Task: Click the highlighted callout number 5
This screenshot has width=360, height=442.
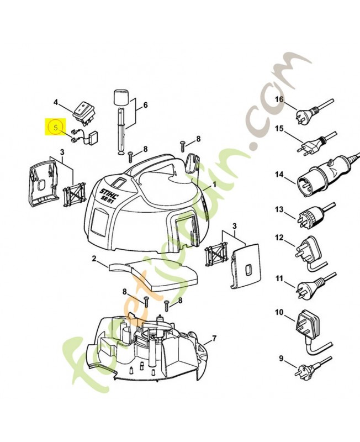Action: coord(55,127)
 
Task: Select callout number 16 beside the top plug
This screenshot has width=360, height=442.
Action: coord(279,99)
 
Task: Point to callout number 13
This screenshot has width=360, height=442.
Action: coord(279,210)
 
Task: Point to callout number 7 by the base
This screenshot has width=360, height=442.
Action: coord(214,339)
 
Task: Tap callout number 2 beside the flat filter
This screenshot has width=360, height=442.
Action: coord(94,258)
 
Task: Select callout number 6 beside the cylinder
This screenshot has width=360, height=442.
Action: coord(145,105)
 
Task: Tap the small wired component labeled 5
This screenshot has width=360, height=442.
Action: coord(88,135)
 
